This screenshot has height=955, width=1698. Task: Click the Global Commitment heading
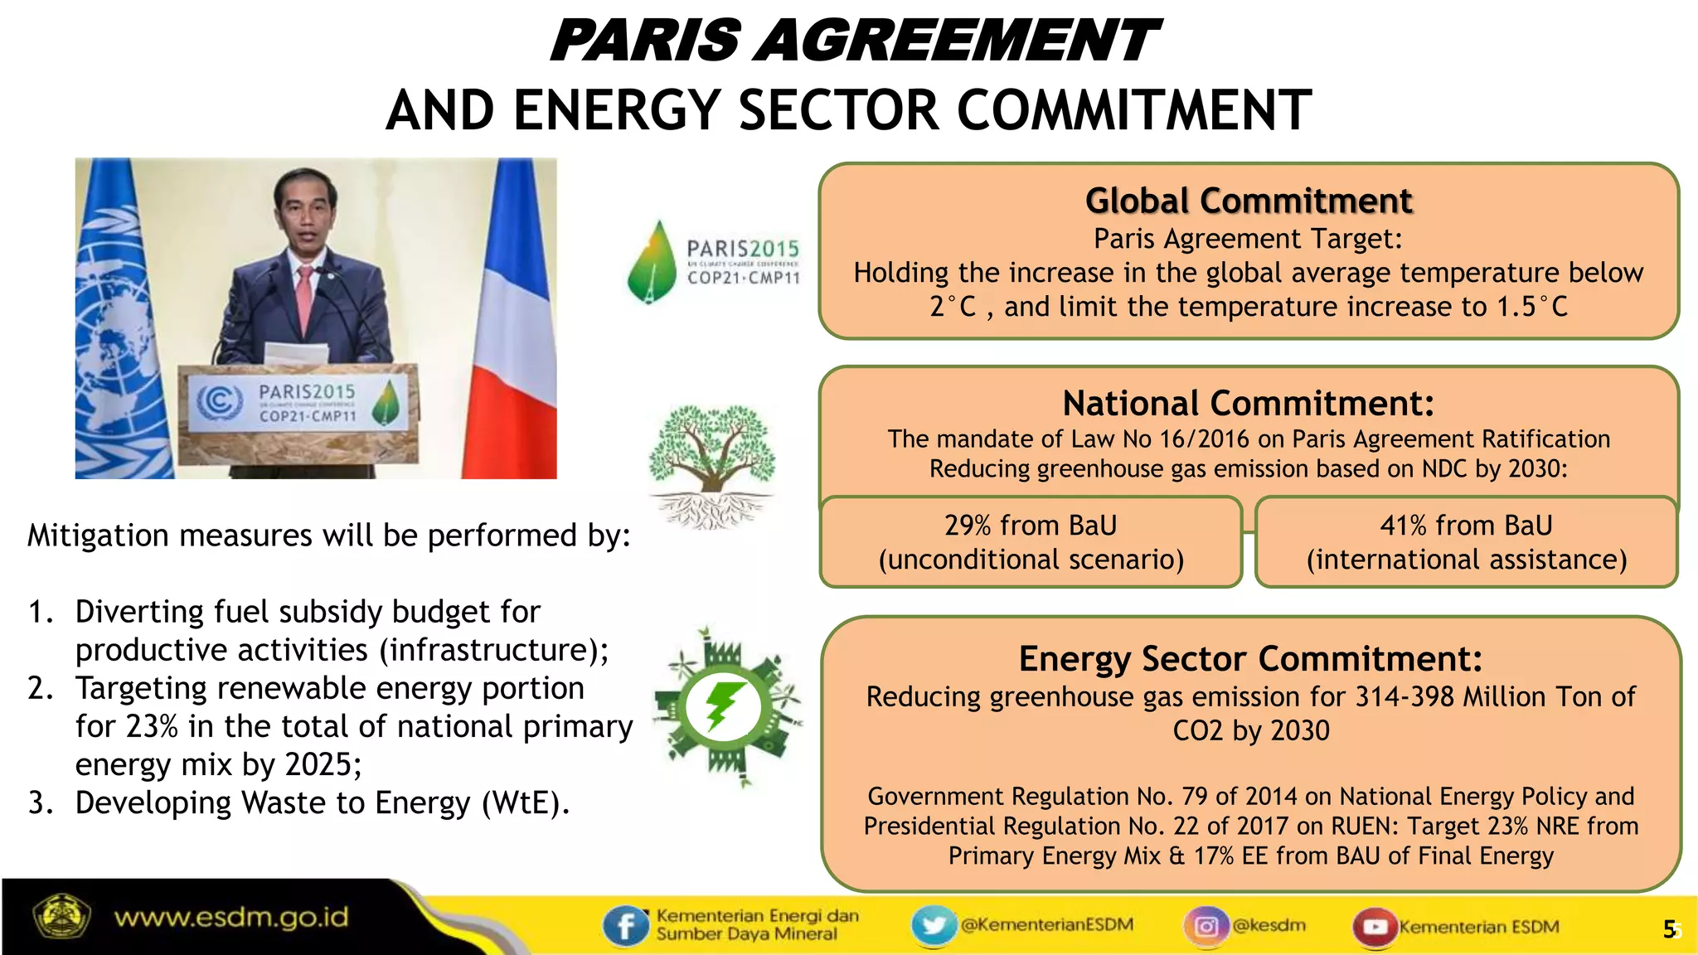click(x=1249, y=201)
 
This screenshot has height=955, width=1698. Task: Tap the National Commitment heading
click(x=1249, y=404)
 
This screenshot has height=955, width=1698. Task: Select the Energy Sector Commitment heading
click(x=1250, y=659)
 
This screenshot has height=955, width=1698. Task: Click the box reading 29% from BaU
click(x=1031, y=542)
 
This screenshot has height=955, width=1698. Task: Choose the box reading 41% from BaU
click(x=1466, y=542)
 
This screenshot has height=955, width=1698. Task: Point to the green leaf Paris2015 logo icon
click(x=653, y=261)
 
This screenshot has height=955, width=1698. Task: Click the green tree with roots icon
click(x=711, y=464)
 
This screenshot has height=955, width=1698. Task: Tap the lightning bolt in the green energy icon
click(x=724, y=705)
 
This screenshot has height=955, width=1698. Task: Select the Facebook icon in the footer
click(x=625, y=925)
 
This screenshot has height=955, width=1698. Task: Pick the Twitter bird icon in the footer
click(x=934, y=925)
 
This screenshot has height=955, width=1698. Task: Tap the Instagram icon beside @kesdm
click(x=1206, y=925)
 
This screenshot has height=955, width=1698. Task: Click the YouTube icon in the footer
click(x=1375, y=926)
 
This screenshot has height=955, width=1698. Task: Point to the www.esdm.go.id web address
click(x=231, y=918)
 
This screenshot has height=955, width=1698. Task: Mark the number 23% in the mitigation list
click(x=152, y=726)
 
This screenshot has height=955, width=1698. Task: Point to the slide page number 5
click(x=1669, y=929)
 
